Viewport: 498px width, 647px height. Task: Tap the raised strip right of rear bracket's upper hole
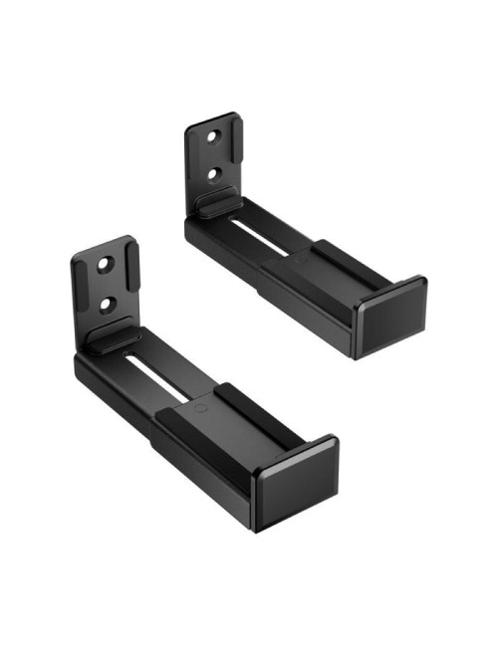pyautogui.click(x=233, y=149)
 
